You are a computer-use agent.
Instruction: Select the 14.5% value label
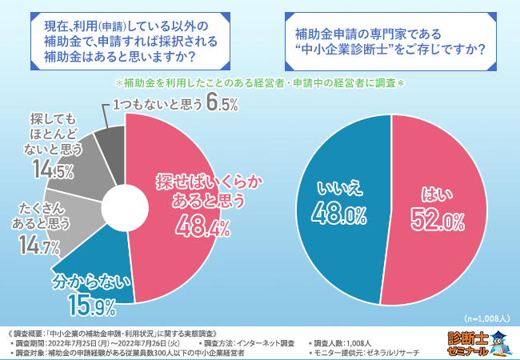(x=54, y=169)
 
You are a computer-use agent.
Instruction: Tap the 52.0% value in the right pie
(x=437, y=219)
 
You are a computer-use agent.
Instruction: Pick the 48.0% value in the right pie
(x=342, y=214)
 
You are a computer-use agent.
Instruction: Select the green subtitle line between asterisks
(x=261, y=83)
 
